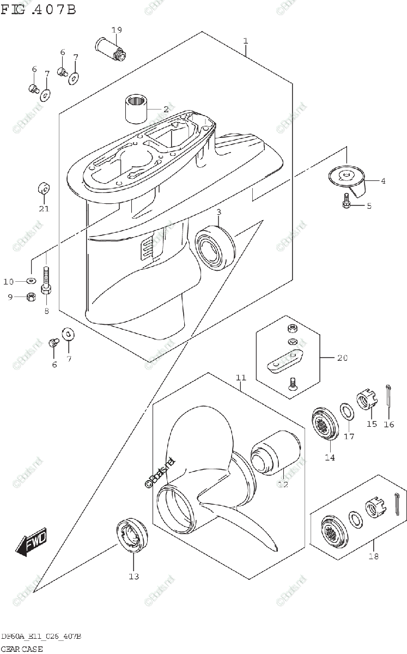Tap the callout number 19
click(116, 29)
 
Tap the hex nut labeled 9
click(32, 297)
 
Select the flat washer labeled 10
click(32, 281)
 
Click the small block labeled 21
click(44, 189)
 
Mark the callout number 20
click(342, 358)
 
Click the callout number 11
click(241, 377)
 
